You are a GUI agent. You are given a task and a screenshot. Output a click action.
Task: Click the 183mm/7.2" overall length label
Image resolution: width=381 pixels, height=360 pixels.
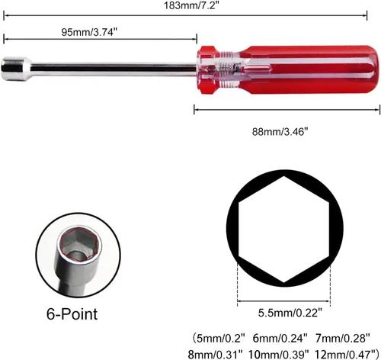[191, 5]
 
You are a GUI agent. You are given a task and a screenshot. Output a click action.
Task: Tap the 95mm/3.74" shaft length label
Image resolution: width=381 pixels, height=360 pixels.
[89, 32]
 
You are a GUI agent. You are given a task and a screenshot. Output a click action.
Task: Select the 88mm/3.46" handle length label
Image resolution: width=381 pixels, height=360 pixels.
[280, 132]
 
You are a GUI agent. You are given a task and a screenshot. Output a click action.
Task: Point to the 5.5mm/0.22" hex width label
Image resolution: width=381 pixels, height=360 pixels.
[290, 313]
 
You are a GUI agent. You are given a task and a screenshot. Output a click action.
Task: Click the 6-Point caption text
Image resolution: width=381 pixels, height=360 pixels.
[72, 313]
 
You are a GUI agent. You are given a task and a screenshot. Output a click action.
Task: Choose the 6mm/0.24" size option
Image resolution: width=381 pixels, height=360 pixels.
[280, 338]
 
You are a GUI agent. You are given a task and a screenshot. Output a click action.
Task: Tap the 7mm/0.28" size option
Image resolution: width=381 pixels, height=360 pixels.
[343, 338]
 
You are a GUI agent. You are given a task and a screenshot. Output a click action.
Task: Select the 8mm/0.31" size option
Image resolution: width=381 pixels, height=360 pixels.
[216, 354]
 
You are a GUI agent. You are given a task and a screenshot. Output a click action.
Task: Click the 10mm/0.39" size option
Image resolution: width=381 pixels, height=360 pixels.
[279, 354]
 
